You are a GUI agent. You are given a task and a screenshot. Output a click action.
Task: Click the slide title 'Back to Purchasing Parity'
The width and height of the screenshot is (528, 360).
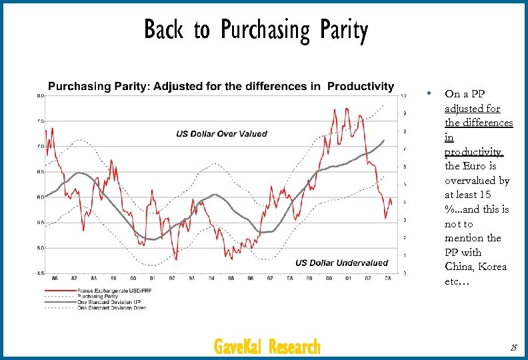click(256, 30)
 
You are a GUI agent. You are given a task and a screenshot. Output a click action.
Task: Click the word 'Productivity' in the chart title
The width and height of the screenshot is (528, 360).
click(361, 86)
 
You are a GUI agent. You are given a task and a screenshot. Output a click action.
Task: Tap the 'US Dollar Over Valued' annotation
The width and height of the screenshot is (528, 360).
click(221, 133)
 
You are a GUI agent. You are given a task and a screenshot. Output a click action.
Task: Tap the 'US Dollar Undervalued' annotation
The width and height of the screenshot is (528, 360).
click(341, 263)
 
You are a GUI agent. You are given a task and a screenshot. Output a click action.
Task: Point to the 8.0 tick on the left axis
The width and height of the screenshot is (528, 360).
click(39, 95)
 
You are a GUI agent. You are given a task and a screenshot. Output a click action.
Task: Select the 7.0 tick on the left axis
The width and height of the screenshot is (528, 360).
click(39, 146)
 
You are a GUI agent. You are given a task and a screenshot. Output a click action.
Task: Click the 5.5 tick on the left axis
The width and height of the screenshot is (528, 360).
click(39, 222)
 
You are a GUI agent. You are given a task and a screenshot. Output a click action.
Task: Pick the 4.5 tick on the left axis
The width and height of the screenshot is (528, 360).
click(39, 273)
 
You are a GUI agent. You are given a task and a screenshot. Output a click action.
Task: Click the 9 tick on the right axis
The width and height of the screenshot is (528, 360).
click(404, 113)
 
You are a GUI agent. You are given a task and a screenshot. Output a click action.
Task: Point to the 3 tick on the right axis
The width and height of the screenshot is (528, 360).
click(404, 220)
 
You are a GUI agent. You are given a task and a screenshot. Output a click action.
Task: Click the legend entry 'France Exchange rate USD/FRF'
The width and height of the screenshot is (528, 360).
click(109, 291)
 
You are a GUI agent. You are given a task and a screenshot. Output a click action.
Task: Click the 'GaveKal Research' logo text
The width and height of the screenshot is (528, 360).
click(267, 347)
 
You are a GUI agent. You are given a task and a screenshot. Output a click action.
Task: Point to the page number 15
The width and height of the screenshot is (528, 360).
click(513, 347)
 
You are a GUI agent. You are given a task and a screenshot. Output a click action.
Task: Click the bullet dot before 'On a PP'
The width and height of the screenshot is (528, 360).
click(432, 93)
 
